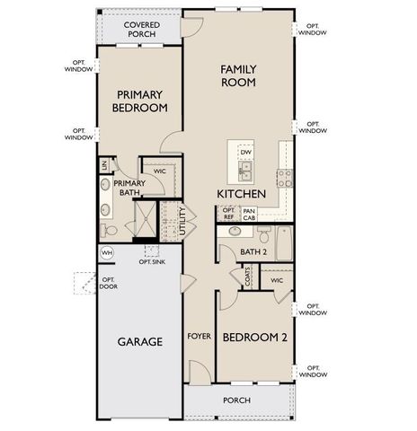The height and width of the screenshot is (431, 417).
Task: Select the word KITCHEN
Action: point(240,194)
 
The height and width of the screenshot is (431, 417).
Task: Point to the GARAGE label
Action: point(139,342)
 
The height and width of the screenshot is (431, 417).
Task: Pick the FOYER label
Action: point(199,338)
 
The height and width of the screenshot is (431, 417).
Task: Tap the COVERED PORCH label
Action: point(142,30)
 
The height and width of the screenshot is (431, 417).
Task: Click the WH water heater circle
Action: point(107,253)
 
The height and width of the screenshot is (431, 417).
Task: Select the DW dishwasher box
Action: point(245,153)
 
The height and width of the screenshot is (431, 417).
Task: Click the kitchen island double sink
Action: point(245,169)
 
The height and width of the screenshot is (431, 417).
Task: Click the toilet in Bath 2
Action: point(262,235)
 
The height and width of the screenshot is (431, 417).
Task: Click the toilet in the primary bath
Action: point(109,231)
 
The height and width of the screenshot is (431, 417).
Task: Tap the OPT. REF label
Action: point(228,214)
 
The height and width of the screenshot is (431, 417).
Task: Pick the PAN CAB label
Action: point(249,214)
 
